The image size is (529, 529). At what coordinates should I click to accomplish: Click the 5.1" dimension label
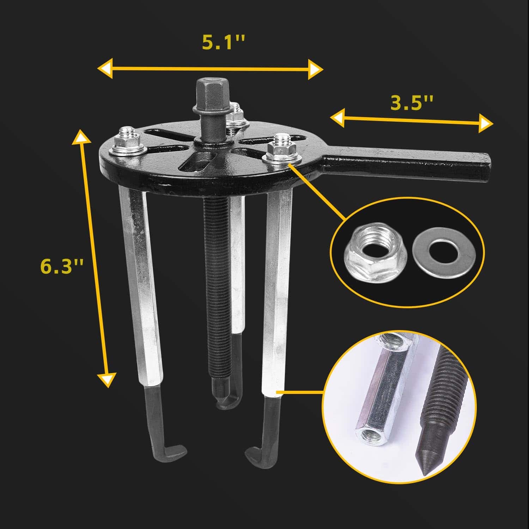coord(223,43)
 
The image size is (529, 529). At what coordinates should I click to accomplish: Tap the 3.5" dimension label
coord(411,103)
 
